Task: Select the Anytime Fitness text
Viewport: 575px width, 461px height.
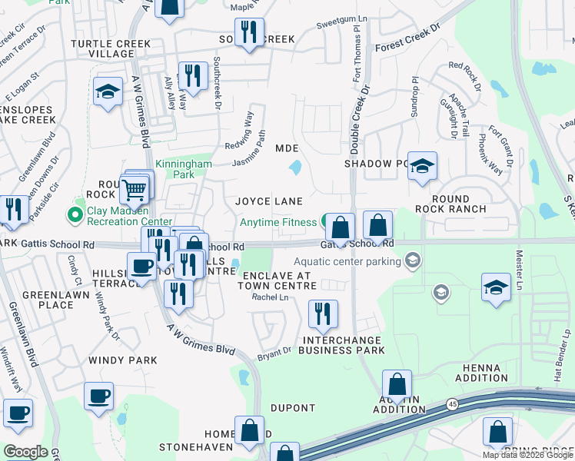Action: [x=278, y=223]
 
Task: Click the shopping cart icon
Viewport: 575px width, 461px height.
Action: [x=135, y=189]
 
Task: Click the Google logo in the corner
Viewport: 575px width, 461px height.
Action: [x=25, y=452]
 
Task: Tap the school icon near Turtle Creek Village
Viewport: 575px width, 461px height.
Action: [x=108, y=91]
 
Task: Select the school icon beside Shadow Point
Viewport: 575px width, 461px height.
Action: [x=421, y=167]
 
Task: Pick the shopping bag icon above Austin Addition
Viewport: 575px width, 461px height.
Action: [x=397, y=384]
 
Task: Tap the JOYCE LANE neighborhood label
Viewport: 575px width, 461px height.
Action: [x=268, y=201]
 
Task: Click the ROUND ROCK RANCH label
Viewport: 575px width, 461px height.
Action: [x=450, y=203]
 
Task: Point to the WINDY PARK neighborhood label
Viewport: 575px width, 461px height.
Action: [x=122, y=360]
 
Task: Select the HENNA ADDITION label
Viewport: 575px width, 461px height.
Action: [x=481, y=373]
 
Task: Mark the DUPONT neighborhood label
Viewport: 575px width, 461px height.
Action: [x=293, y=408]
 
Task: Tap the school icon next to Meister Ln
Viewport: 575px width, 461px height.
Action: [x=496, y=289]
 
